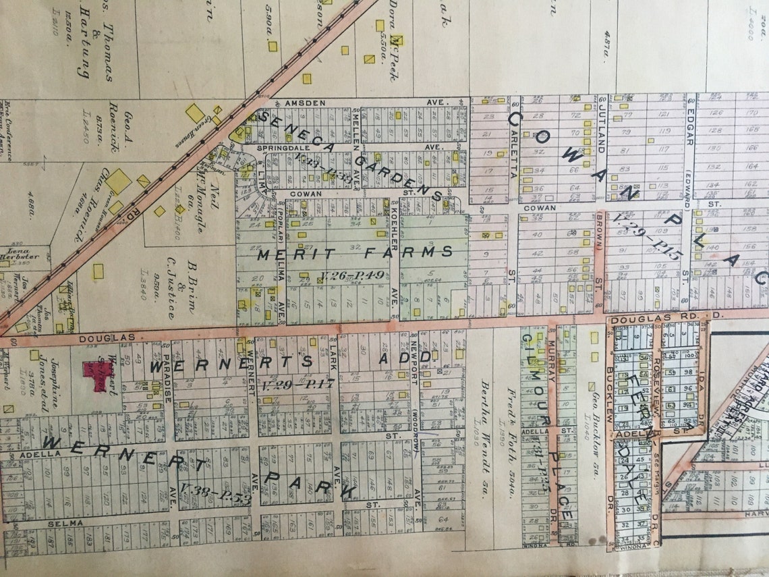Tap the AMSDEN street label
pyautogui.click(x=297, y=102)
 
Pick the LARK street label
pyautogui.click(x=333, y=357)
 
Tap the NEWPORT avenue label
pyautogui.click(x=415, y=368)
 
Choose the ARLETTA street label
pyautogui.click(x=514, y=135)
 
